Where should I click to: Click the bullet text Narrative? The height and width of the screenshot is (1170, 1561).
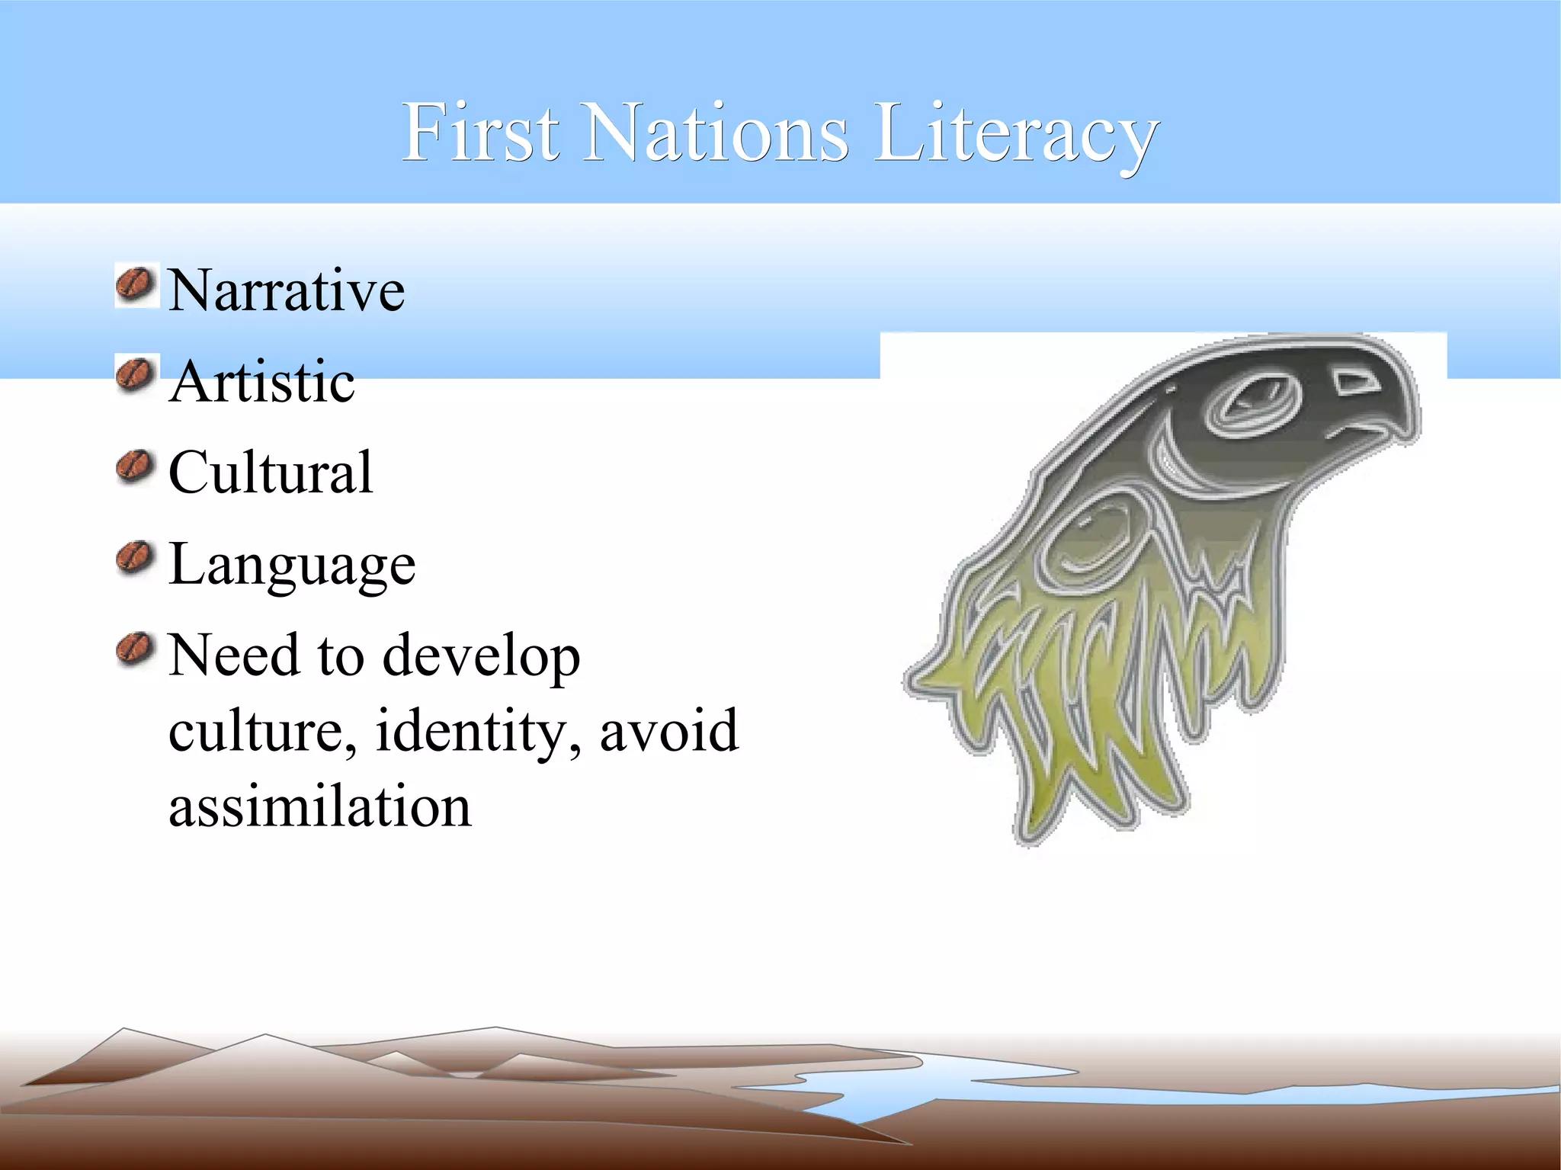coord(286,290)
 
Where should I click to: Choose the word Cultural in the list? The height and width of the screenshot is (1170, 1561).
coord(271,473)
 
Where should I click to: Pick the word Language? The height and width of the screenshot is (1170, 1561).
coord(292,566)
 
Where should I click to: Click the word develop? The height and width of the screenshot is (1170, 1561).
coord(481,657)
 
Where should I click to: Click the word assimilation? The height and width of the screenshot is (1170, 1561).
coord(320,806)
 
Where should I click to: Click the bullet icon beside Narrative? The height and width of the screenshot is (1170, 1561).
coord(136,285)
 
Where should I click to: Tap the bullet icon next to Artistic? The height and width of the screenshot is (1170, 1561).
coord(136,375)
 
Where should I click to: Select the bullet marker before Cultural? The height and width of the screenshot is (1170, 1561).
coord(136,466)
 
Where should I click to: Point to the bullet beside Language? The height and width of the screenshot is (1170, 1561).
coord(136,558)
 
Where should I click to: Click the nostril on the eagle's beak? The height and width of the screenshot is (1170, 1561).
coord(1356,383)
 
